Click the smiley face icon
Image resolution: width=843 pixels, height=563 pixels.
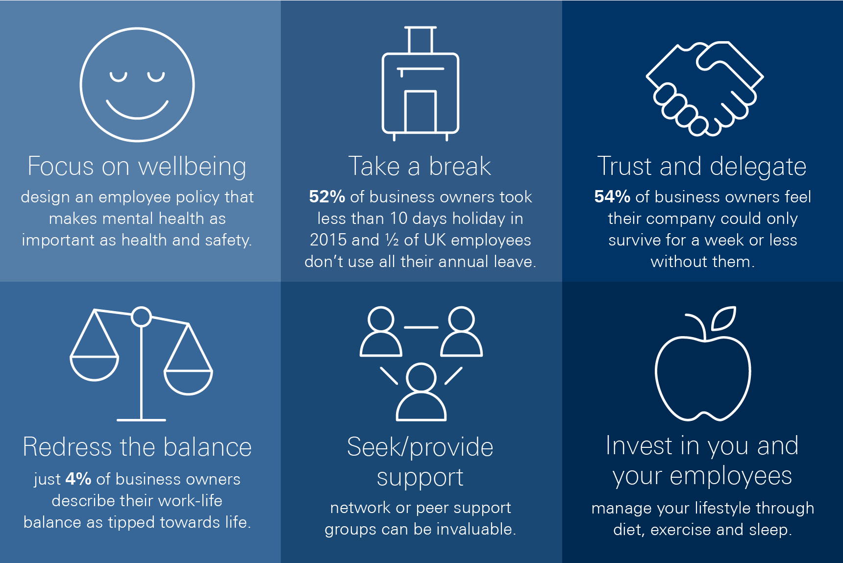(x=137, y=29)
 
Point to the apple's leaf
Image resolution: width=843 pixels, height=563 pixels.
(x=724, y=318)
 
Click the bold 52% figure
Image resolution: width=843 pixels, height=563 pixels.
(x=327, y=197)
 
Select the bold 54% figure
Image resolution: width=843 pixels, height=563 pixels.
(x=612, y=197)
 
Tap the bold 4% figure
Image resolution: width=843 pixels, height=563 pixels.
(x=78, y=479)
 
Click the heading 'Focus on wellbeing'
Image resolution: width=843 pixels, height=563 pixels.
(x=137, y=167)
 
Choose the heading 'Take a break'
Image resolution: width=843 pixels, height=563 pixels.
(x=420, y=166)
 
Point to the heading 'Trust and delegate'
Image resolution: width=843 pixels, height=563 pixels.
(x=702, y=167)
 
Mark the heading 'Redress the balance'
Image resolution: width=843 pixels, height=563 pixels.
(x=137, y=447)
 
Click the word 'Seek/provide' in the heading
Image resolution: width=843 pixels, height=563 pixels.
(x=420, y=447)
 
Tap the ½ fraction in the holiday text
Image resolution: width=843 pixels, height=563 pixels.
(x=392, y=240)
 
